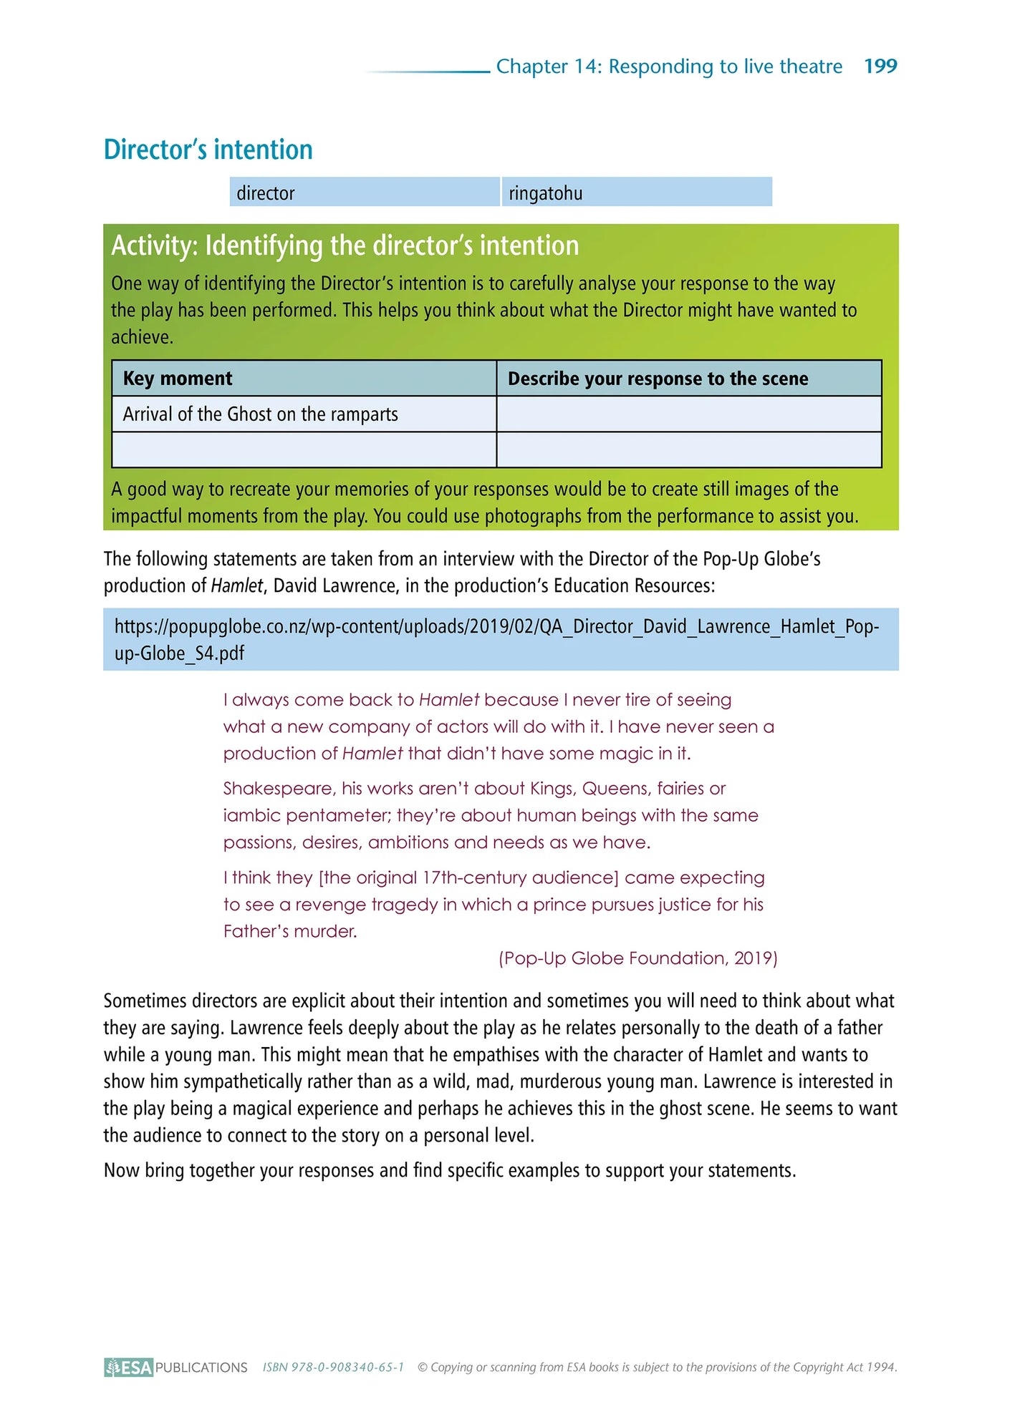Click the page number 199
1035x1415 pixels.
(x=880, y=66)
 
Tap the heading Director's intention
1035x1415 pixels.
(x=208, y=150)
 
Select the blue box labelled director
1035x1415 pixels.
(x=364, y=193)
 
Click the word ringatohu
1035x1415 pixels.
(x=545, y=193)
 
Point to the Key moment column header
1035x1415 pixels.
(x=178, y=378)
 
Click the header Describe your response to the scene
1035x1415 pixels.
(x=658, y=378)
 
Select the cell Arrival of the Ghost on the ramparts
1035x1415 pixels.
(x=260, y=414)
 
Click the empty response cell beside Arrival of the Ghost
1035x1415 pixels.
(x=688, y=414)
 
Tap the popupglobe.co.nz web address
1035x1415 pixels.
(x=496, y=639)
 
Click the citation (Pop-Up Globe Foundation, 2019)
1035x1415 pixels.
(x=637, y=958)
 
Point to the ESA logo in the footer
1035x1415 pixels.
(x=129, y=1367)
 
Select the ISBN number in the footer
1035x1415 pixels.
(x=333, y=1367)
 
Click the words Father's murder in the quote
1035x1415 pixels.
(x=289, y=931)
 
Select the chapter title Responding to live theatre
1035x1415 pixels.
(x=725, y=66)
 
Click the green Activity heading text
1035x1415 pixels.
(x=345, y=245)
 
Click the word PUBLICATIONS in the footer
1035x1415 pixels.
(x=201, y=1367)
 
